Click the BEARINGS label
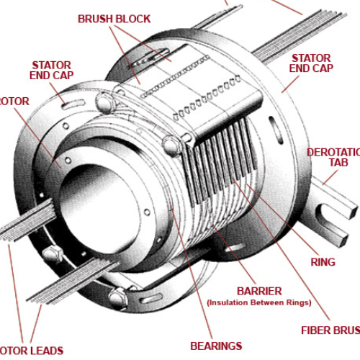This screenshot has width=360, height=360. (216, 346)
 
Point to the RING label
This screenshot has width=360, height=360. (323, 262)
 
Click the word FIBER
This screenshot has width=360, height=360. (317, 331)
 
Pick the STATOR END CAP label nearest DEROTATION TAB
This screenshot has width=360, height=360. (311, 63)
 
